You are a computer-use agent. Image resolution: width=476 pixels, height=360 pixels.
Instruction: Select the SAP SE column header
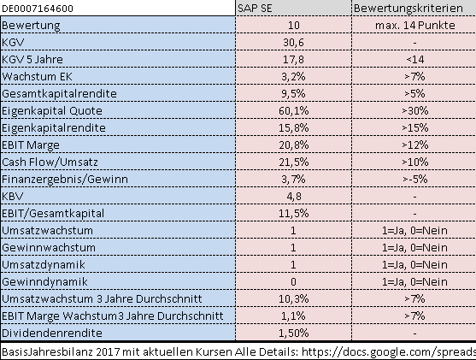(256, 9)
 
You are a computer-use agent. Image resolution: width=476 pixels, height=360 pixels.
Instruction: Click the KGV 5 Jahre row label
(33, 58)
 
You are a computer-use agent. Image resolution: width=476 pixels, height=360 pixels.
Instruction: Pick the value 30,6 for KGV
(294, 42)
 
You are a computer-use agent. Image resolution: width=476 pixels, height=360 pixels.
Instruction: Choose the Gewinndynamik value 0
(294, 281)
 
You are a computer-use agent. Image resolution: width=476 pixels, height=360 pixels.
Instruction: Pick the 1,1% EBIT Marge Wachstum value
(294, 315)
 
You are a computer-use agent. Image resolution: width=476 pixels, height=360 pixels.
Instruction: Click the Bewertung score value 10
(294, 26)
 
